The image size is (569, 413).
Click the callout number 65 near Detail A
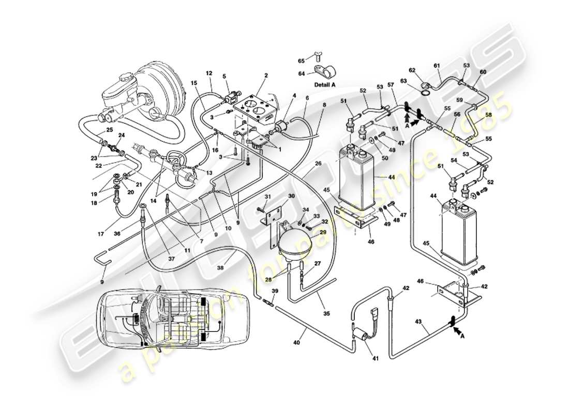click(x=301, y=61)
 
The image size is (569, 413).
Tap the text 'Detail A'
click(x=325, y=84)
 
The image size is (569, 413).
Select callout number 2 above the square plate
click(x=265, y=75)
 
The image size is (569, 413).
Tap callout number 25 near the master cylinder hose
click(x=110, y=130)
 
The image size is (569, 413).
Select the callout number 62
click(x=412, y=70)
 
